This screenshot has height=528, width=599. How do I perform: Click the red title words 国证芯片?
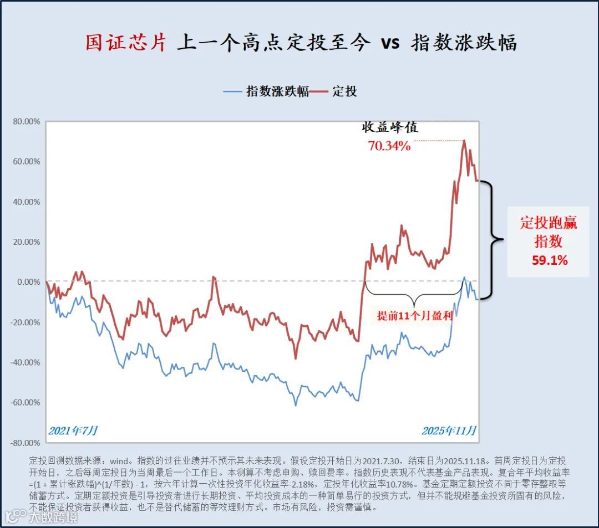click(x=126, y=43)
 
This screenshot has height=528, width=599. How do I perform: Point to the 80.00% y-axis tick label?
click(x=26, y=121)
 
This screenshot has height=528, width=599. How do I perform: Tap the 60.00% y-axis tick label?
click(x=26, y=162)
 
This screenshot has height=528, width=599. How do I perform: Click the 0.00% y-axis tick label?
click(x=28, y=282)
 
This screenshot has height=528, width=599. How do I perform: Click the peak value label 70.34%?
click(x=389, y=146)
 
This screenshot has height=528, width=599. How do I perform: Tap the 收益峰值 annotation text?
click(x=390, y=127)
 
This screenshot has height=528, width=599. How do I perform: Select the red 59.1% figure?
click(x=550, y=260)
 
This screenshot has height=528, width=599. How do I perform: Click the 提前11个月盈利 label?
click(x=415, y=316)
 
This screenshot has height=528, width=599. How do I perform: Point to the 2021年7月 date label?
click(x=73, y=430)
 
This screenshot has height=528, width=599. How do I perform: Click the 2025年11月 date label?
click(x=449, y=430)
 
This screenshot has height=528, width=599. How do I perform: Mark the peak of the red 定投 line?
click(x=464, y=141)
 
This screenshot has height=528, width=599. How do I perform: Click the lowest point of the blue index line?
click(x=296, y=405)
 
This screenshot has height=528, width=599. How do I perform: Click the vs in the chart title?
click(x=390, y=43)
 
